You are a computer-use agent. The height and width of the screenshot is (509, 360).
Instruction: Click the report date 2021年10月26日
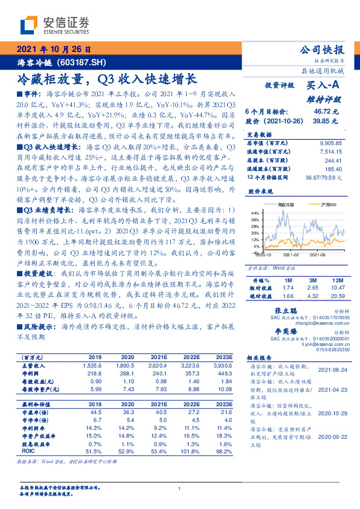tap(53, 50)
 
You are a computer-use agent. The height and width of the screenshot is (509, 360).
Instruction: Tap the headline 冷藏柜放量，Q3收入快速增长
tap(106, 79)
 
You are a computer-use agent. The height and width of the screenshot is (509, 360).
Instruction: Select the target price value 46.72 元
tap(326, 112)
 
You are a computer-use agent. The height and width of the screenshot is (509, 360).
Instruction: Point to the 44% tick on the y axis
tap(254, 213)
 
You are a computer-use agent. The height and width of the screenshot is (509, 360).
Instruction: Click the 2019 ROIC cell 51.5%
tap(94, 451)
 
